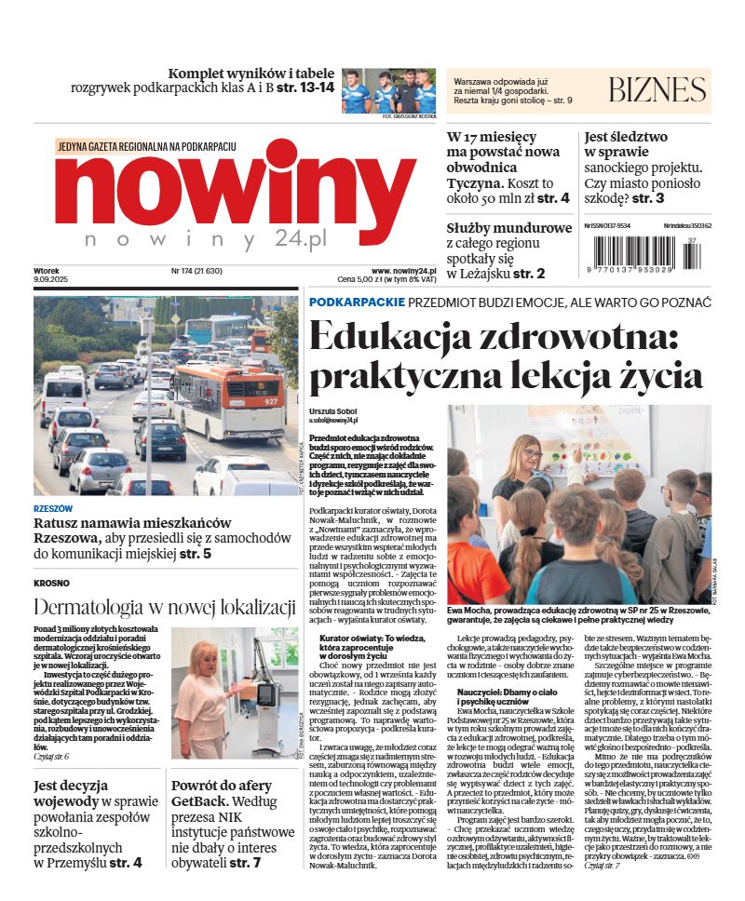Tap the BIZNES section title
pos(657,90)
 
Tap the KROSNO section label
pos(51,584)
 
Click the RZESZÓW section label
pos(53,509)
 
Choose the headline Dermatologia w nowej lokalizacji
pos(165,608)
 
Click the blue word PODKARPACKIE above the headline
pos(357,303)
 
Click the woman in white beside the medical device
pos(207,695)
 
